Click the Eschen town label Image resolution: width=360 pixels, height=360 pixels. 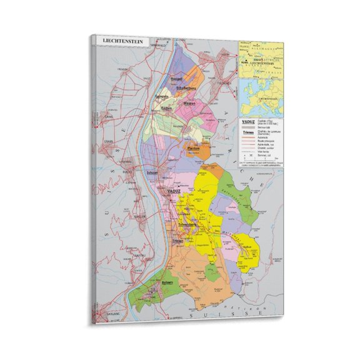[167, 108]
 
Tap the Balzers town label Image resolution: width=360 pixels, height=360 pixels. [168, 283]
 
